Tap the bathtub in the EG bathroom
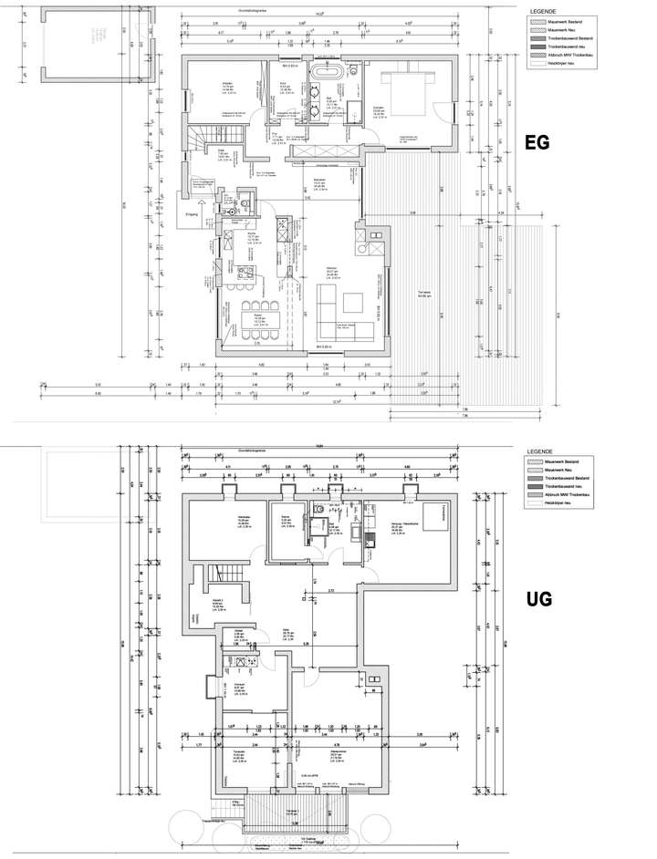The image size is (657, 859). pos(326,73)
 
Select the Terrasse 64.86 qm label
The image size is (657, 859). pos(423,294)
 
